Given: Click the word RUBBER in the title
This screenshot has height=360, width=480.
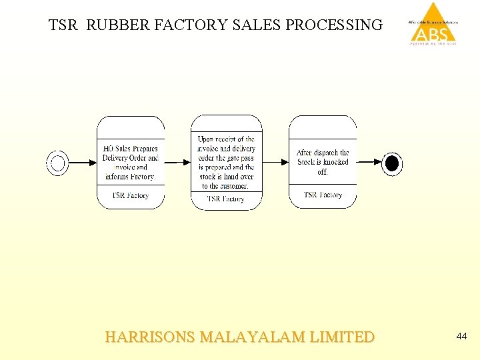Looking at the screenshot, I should [x=118, y=25].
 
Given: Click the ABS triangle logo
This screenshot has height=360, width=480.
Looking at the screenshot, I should [x=433, y=24].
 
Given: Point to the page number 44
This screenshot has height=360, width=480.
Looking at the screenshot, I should [x=461, y=337].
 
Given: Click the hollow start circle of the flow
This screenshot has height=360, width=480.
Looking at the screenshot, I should [x=57, y=163].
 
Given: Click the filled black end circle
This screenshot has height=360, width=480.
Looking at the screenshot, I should [x=393, y=163].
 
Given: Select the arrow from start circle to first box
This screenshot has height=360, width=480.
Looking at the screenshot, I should [x=83, y=163].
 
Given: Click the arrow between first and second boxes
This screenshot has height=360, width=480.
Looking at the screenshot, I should [x=177, y=162].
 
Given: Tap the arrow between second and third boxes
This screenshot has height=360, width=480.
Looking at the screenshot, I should [x=275, y=162].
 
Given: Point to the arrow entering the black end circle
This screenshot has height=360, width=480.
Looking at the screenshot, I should [x=369, y=162].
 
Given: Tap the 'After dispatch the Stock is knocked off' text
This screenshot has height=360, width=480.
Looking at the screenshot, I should [x=323, y=162].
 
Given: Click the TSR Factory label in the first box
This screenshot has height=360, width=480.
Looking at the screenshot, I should [x=131, y=195].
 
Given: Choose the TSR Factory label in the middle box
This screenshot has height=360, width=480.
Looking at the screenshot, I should [x=226, y=199].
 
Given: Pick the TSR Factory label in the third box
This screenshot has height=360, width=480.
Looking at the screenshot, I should [x=323, y=195].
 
